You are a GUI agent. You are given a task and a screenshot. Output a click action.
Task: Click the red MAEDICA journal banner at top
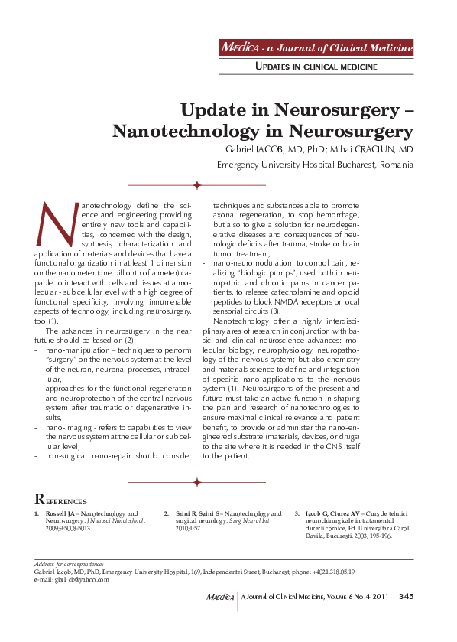[x=316, y=48]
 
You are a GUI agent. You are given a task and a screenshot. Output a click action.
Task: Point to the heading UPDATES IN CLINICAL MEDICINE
[x=316, y=68]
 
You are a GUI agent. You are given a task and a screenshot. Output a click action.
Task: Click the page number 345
[x=407, y=598]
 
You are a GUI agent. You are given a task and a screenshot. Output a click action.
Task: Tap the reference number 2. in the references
[x=167, y=514]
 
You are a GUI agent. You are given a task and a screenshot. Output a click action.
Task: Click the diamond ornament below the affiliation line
[x=197, y=185]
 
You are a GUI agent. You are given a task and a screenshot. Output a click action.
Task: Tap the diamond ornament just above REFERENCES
[x=197, y=482]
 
